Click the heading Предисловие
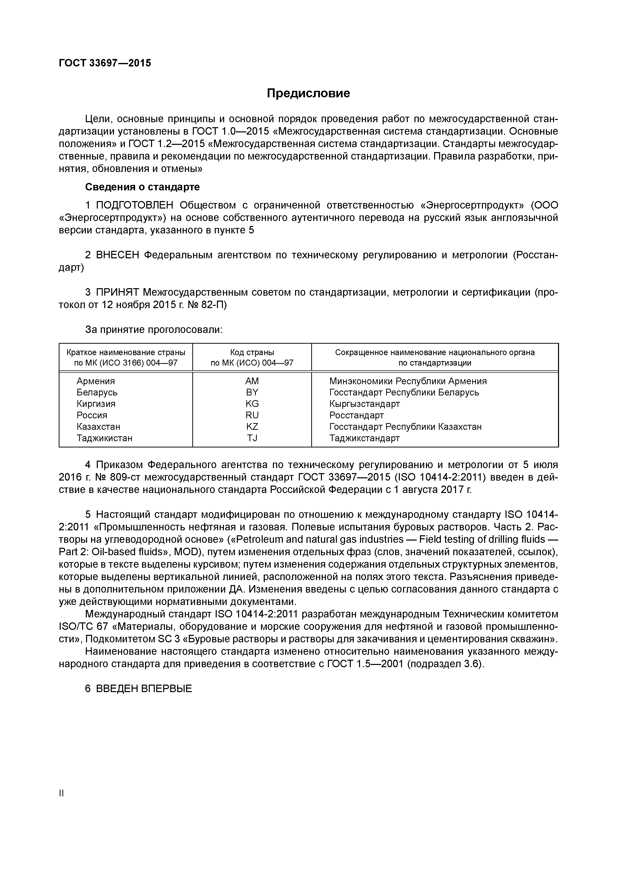point(308,93)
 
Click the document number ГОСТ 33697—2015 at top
point(105,63)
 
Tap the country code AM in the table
point(252,381)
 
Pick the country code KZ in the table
point(252,427)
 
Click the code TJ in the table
point(252,438)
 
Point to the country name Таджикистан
point(104,438)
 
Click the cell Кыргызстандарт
point(364,404)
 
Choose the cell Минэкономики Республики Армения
point(408,381)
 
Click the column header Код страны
point(252,352)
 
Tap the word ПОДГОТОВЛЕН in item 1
point(135,205)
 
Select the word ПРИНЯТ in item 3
point(117,292)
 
